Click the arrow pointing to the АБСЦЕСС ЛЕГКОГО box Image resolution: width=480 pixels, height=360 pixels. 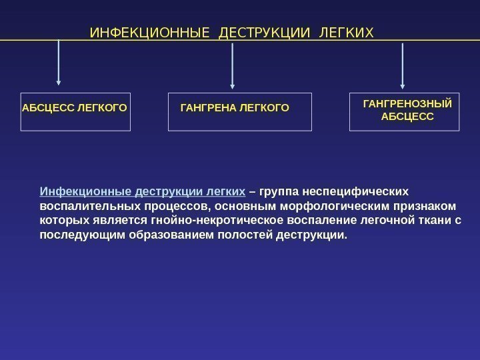click(59, 63)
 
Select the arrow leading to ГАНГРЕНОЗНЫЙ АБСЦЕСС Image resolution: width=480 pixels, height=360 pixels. click(403, 65)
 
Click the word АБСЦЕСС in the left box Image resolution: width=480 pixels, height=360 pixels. click(49, 106)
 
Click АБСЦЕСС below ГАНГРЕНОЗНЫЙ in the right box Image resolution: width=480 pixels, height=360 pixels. click(407, 117)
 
